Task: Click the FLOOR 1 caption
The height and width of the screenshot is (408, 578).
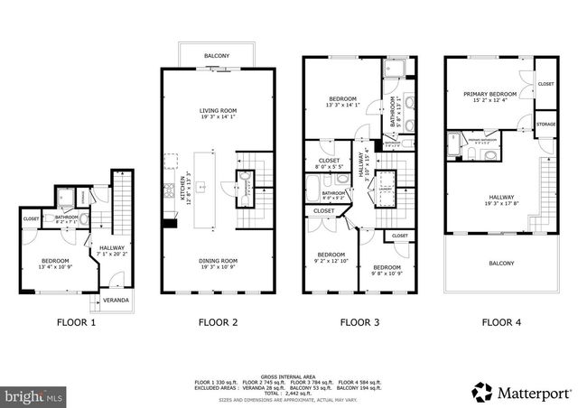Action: [x=75, y=321]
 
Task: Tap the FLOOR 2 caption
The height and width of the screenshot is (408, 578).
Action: [x=217, y=321]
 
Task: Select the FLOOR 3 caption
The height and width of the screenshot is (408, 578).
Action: [x=359, y=321]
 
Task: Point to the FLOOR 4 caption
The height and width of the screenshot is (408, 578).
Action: [x=500, y=321]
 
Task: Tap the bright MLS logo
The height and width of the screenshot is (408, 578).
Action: [x=33, y=395]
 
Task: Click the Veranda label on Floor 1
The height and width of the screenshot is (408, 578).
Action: [x=115, y=300]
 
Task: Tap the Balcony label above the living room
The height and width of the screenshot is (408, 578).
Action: [x=217, y=56]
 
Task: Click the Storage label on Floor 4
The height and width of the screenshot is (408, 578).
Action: [x=545, y=124]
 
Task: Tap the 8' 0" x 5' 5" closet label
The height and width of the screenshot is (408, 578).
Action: [x=329, y=163]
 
